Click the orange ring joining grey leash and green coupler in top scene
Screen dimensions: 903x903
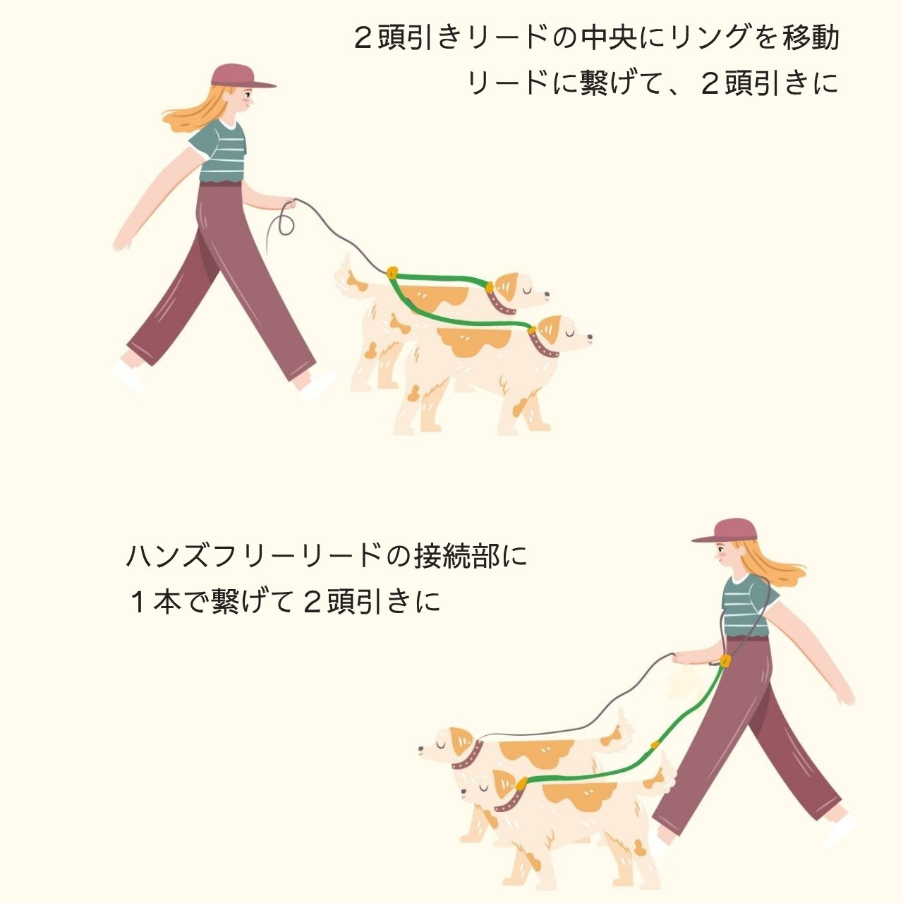pyautogui.click(x=392, y=272)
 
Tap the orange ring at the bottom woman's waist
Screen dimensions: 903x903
pyautogui.click(x=725, y=661)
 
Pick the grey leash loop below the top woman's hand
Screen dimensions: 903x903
pyautogui.click(x=284, y=224)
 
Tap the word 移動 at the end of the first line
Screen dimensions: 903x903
pyautogui.click(x=811, y=37)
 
